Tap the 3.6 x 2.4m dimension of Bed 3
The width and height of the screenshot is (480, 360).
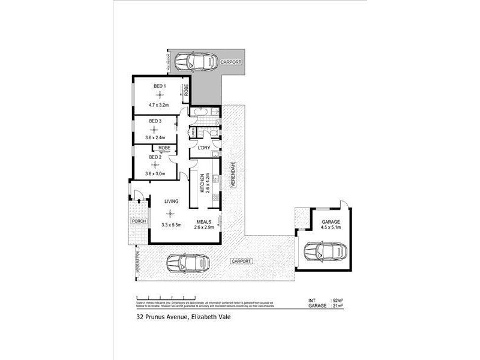point(155,137)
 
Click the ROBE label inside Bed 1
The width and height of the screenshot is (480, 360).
point(187,91)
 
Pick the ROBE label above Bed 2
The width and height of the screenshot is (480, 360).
point(164,147)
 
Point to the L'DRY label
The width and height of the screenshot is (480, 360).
point(203,148)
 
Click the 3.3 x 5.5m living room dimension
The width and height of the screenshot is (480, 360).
point(171,226)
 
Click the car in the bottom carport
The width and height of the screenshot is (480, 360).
point(188,262)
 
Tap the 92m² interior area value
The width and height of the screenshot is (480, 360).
point(337,299)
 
